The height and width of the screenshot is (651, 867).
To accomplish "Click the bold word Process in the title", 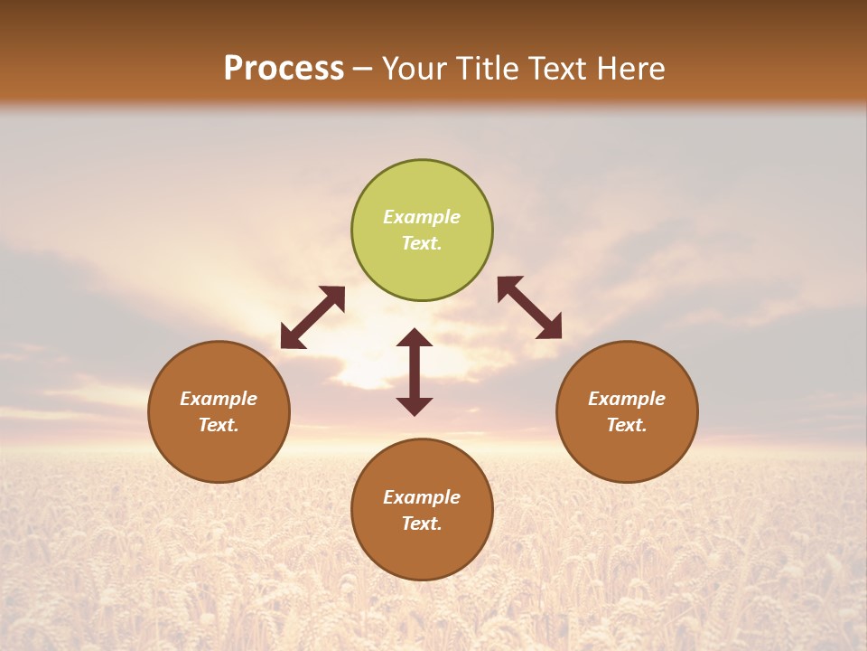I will (x=284, y=69).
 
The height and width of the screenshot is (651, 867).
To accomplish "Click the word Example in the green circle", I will (x=422, y=217).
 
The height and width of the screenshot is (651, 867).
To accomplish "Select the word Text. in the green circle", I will (x=422, y=243).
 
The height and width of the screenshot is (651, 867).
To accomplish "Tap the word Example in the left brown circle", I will (x=219, y=399).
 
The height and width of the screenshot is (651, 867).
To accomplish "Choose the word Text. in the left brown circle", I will (x=219, y=425).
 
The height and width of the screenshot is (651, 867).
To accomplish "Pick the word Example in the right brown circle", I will (x=627, y=399).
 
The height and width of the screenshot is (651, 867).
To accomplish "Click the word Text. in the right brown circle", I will (x=627, y=425).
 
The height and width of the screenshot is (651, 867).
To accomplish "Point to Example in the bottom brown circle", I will (x=422, y=497).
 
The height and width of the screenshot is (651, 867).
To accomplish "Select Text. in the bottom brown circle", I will (x=422, y=524).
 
